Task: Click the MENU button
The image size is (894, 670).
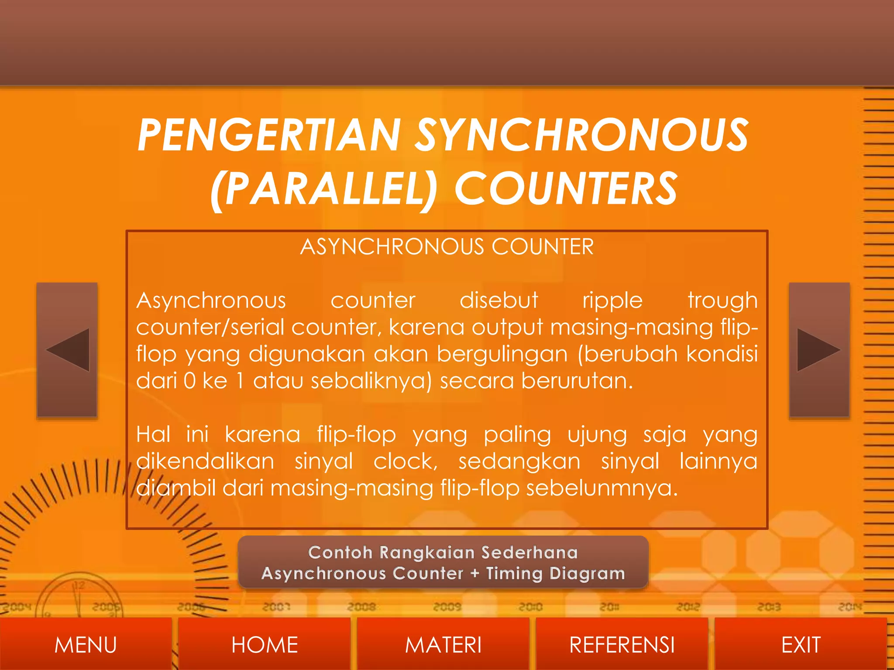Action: tap(86, 645)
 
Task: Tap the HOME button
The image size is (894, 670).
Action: tap(265, 645)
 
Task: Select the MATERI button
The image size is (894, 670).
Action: tap(443, 645)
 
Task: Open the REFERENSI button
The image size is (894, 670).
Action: tap(622, 645)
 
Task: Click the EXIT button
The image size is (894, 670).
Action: tap(801, 645)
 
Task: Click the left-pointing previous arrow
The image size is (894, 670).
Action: tap(67, 350)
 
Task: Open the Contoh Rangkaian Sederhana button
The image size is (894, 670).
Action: tap(443, 563)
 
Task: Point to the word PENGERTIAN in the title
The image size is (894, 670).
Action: tap(269, 135)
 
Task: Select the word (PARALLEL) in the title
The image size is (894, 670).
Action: tap(323, 188)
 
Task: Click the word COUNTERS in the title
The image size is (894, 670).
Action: tap(566, 188)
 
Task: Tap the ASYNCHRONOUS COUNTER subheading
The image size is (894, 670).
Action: tap(447, 247)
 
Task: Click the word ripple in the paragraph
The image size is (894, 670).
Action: tap(612, 301)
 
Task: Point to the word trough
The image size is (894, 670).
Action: tap(722, 301)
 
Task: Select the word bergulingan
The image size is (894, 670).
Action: tap(502, 354)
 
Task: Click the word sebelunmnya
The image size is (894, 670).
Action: tap(602, 488)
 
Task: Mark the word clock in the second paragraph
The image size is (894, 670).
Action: tap(405, 461)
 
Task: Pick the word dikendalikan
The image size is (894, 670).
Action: tap(205, 461)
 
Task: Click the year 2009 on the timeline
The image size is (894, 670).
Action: tap(447, 607)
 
